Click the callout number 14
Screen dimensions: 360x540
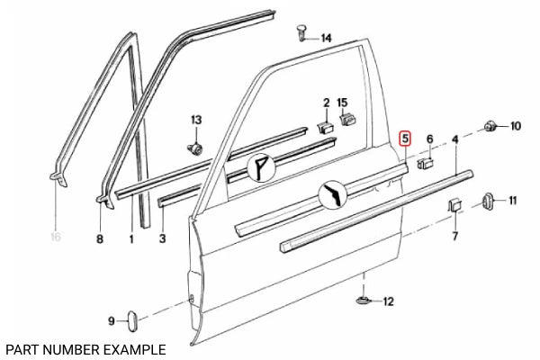coord(325,38)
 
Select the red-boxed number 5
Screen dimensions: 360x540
coord(406,139)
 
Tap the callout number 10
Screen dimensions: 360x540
coord(515,126)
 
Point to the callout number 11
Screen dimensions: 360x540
coord(513,200)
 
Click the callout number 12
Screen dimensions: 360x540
coord(388,301)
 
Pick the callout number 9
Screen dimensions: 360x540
coord(112,321)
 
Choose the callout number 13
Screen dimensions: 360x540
coord(196,120)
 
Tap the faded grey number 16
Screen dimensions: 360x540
coord(56,239)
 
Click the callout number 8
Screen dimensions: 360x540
coord(100,239)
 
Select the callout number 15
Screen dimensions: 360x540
coord(342,103)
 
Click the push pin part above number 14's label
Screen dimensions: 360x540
coord(301,33)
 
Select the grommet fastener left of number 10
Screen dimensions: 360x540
coord(490,126)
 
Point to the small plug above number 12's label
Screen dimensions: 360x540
coord(363,299)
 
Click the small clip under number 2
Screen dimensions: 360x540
coord(326,126)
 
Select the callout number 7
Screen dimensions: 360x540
coord(455,238)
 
